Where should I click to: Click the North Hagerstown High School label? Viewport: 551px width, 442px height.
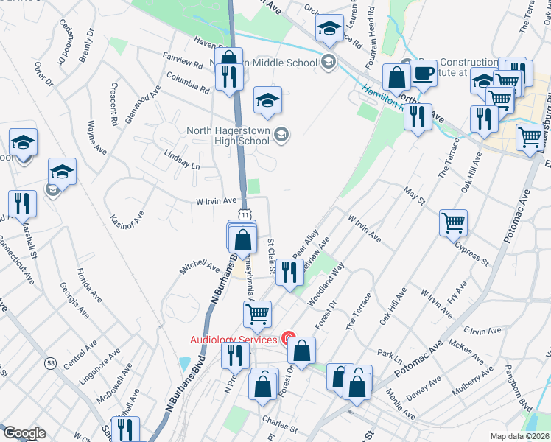(230, 135)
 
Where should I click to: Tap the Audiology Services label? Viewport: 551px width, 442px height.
(233, 339)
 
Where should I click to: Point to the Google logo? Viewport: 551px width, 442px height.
(24, 433)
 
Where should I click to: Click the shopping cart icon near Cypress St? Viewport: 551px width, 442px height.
(453, 222)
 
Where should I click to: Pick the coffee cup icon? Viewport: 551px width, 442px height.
(423, 74)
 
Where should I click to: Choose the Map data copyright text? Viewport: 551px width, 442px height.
(519, 436)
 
